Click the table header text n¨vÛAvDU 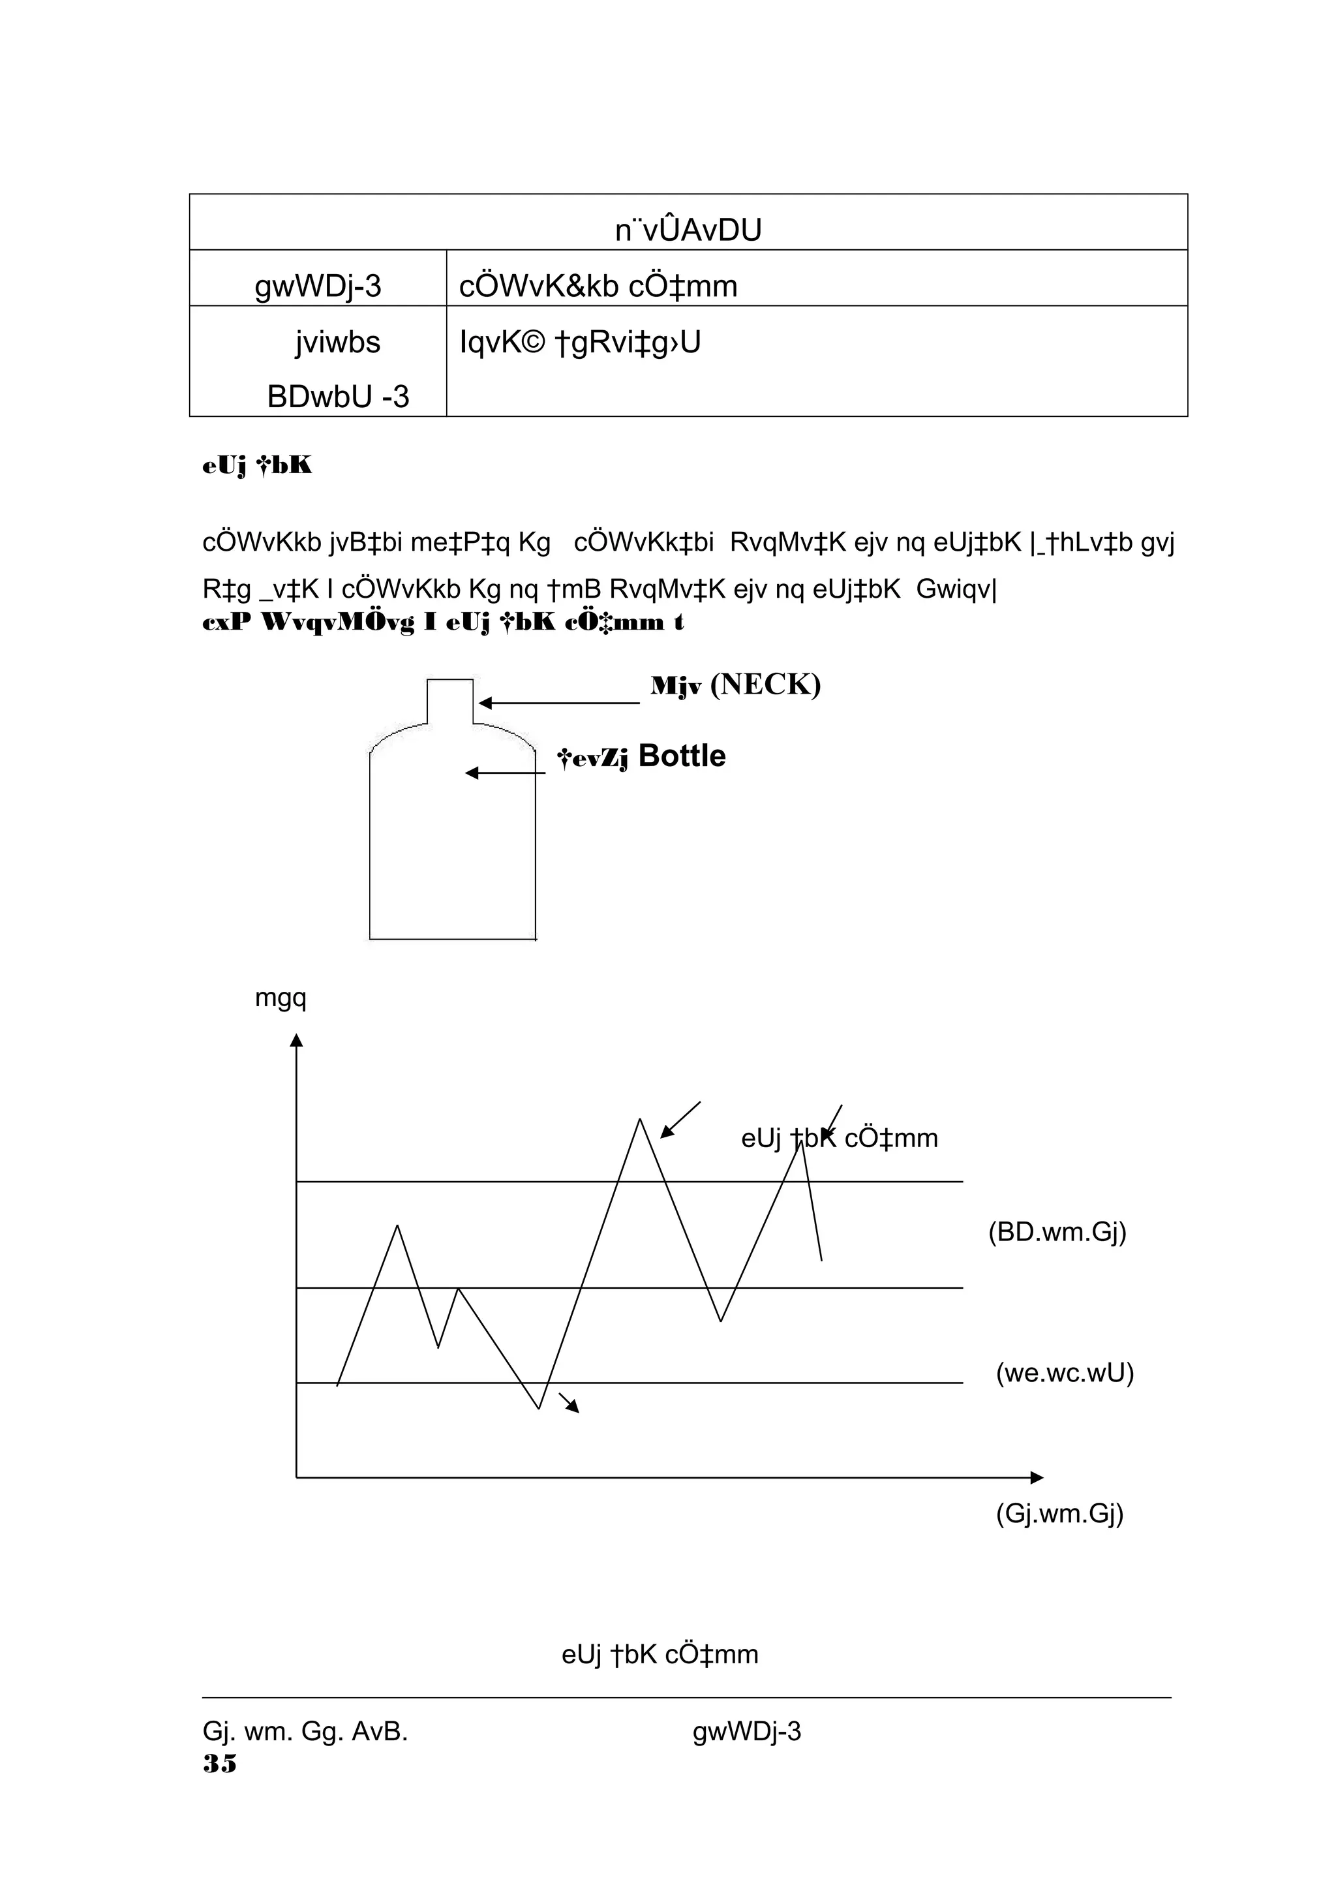pyautogui.click(x=688, y=230)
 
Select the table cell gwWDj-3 pyautogui.click(x=318, y=286)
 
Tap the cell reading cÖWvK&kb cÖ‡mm pyautogui.click(x=598, y=286)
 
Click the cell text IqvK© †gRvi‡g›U pyautogui.click(x=581, y=342)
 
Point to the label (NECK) pyautogui.click(x=766, y=684)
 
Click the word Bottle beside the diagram pyautogui.click(x=682, y=756)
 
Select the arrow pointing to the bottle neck pyautogui.click(x=559, y=703)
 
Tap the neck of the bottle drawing pyautogui.click(x=450, y=700)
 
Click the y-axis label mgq pyautogui.click(x=281, y=998)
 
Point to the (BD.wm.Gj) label pyautogui.click(x=1057, y=1232)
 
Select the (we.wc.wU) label pyautogui.click(x=1065, y=1373)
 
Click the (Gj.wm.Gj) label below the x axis pyautogui.click(x=1059, y=1513)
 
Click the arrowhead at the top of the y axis pyautogui.click(x=297, y=1040)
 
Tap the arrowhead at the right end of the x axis pyautogui.click(x=1037, y=1477)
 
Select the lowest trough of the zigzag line pyautogui.click(x=539, y=1408)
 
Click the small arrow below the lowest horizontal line pyautogui.click(x=569, y=1403)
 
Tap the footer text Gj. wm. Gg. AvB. pyautogui.click(x=305, y=1731)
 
